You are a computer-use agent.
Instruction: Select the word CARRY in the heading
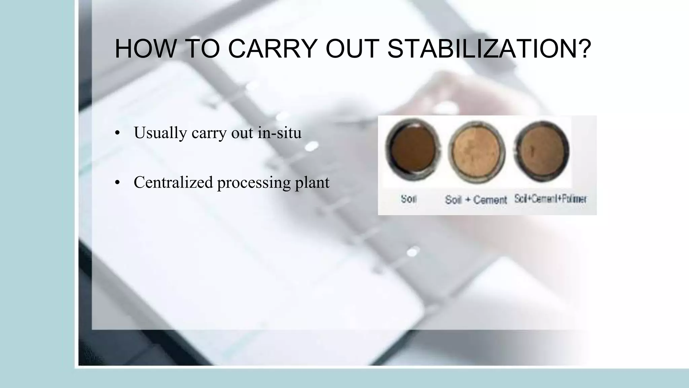[x=273, y=49]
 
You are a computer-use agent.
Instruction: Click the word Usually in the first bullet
[x=160, y=133]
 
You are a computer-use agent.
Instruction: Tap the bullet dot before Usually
[x=117, y=133]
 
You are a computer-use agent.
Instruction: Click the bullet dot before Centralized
[x=117, y=183]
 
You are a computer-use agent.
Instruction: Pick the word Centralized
[x=173, y=183]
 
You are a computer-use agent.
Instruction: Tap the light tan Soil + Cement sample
[x=477, y=152]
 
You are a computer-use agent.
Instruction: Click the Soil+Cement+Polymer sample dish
[x=542, y=151]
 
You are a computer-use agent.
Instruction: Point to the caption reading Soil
[x=408, y=199]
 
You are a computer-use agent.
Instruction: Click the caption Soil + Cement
[x=476, y=200]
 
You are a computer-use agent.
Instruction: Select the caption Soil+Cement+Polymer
[x=550, y=199]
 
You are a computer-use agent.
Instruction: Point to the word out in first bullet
[x=242, y=133]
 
